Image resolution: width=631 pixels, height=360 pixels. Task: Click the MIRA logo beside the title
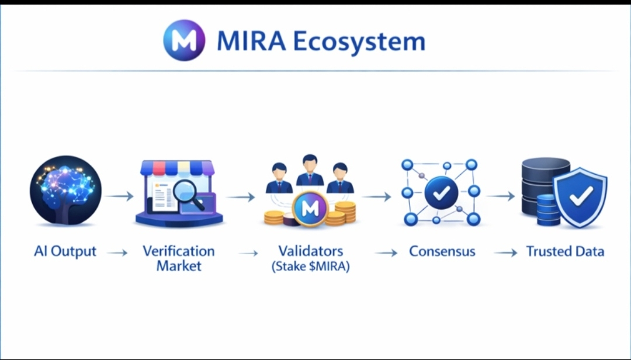pyautogui.click(x=184, y=40)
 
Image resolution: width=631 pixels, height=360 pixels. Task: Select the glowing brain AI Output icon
pyautogui.click(x=65, y=191)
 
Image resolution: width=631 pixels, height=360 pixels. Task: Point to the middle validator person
pyautogui.click(x=310, y=170)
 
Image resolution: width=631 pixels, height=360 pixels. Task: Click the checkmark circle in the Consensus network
pyautogui.click(x=441, y=193)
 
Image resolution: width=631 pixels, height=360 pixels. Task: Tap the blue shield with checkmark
pyautogui.click(x=580, y=196)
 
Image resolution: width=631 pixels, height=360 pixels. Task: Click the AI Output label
pyautogui.click(x=65, y=252)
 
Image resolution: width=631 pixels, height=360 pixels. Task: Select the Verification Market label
pyautogui.click(x=179, y=258)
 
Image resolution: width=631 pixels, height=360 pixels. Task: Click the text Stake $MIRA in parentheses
pyautogui.click(x=310, y=266)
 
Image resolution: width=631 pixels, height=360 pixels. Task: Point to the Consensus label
pyautogui.click(x=442, y=252)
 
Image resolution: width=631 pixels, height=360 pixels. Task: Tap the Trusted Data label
pyautogui.click(x=565, y=252)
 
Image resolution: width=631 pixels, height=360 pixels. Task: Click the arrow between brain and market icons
pyautogui.click(x=120, y=196)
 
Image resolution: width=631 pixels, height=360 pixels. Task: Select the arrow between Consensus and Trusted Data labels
pyautogui.click(x=505, y=253)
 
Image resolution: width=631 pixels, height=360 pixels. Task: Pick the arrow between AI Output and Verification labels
pyautogui.click(x=117, y=253)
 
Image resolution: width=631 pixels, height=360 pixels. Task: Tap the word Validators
pyautogui.click(x=310, y=251)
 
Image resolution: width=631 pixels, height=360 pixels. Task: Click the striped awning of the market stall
pyautogui.click(x=178, y=168)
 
